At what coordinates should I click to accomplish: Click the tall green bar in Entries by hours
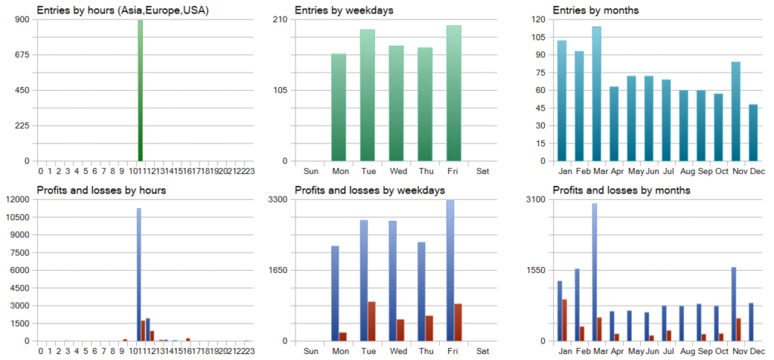(141, 91)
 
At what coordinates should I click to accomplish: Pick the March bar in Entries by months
(597, 94)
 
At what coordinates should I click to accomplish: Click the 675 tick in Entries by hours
(21, 54)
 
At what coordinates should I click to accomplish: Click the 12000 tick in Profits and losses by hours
(16, 200)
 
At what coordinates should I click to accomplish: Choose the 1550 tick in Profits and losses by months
(536, 270)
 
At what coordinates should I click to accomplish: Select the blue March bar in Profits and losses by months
(594, 272)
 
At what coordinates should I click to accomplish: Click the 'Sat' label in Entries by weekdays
(482, 171)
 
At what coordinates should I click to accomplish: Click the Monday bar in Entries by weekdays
(339, 107)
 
